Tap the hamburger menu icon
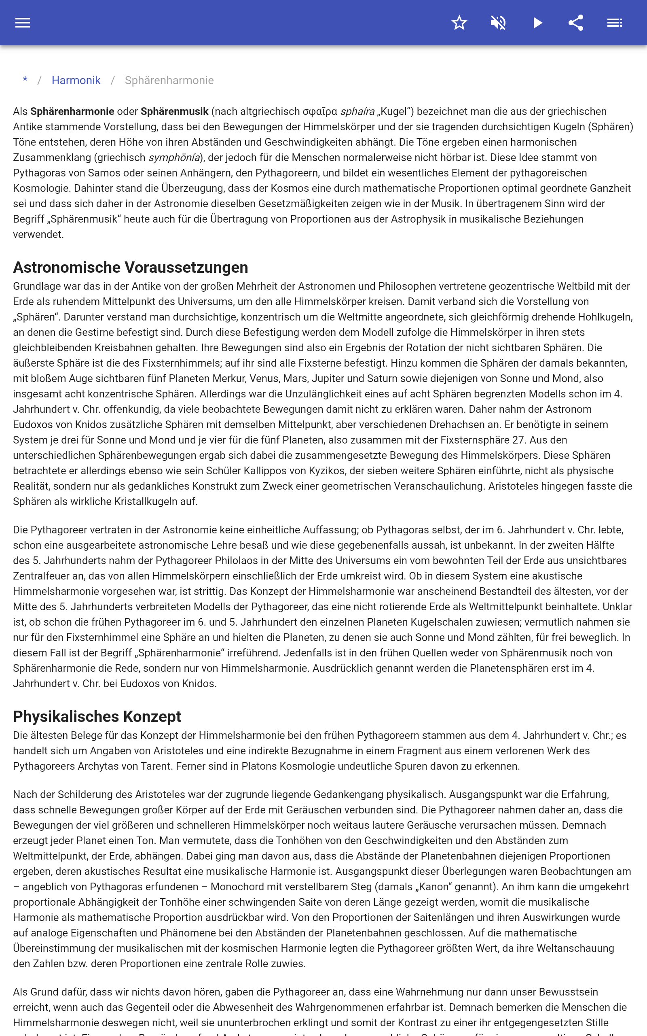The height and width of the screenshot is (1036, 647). [23, 23]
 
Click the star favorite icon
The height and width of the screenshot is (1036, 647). [459, 23]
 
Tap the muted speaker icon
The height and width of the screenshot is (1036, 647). [498, 23]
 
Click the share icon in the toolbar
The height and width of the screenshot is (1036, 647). [576, 23]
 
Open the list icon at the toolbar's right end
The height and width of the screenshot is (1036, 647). [615, 23]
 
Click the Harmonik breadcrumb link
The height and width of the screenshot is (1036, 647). [76, 81]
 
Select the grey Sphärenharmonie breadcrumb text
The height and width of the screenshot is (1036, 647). [169, 81]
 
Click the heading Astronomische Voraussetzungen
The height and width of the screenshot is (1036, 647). [131, 267]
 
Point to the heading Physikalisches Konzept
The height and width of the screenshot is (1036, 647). [97, 717]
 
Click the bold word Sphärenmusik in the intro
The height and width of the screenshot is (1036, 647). [175, 112]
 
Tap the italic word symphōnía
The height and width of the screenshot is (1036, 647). [174, 157]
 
